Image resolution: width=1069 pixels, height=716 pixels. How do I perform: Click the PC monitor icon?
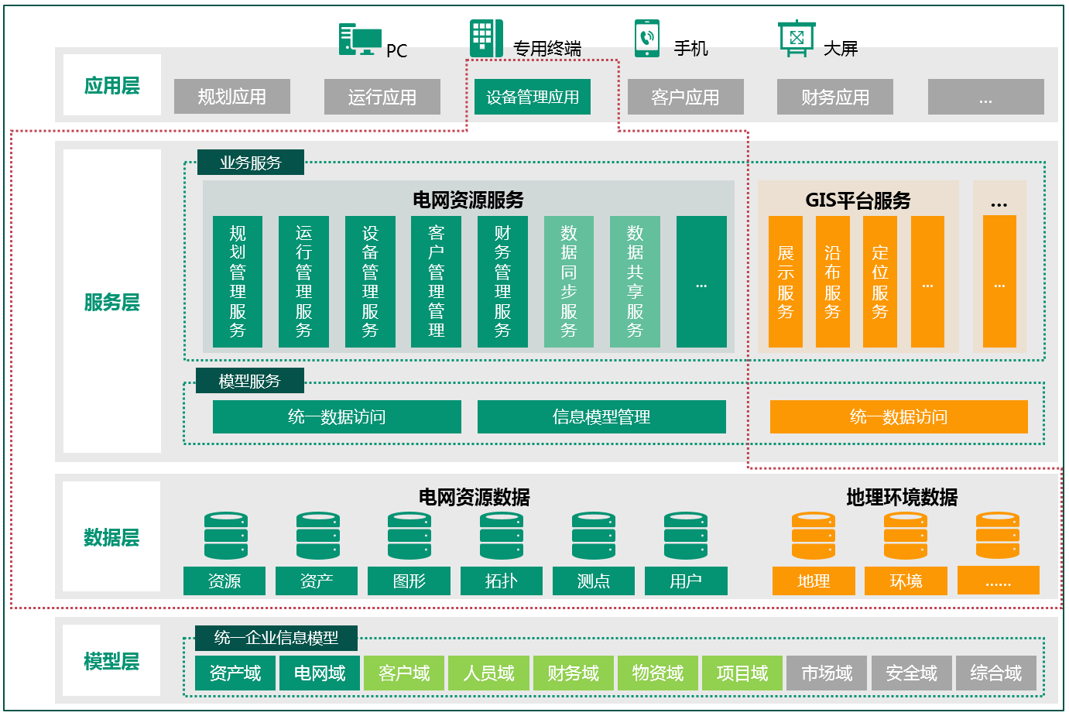point(360,39)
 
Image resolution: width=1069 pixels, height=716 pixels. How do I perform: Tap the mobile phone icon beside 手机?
point(646,39)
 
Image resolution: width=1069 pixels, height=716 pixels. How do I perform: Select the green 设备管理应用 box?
point(532,97)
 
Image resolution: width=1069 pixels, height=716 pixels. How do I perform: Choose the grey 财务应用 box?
point(834,97)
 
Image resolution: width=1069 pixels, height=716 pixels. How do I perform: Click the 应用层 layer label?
point(112,85)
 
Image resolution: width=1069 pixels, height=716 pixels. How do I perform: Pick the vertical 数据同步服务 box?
point(569,282)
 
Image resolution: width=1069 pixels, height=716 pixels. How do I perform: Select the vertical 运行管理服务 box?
point(303,282)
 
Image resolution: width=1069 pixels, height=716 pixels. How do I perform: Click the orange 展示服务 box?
point(785,282)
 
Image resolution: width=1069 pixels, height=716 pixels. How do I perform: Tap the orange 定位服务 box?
point(879,282)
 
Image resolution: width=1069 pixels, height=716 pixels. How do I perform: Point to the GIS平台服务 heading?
point(858,200)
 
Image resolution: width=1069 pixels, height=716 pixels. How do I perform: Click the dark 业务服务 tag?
point(250,163)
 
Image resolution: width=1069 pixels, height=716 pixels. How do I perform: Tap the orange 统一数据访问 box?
point(898,416)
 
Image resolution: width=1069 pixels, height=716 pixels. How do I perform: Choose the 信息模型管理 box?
point(601,416)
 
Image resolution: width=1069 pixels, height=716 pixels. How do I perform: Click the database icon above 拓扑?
point(502,536)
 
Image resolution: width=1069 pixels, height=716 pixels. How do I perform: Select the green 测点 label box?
point(593,581)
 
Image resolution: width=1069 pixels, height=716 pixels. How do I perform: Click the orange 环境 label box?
point(906,581)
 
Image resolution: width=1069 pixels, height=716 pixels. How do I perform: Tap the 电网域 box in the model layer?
point(319,673)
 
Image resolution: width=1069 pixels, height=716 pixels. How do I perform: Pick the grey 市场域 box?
point(827,673)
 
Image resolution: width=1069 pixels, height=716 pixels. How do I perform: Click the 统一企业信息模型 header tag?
point(276,638)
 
